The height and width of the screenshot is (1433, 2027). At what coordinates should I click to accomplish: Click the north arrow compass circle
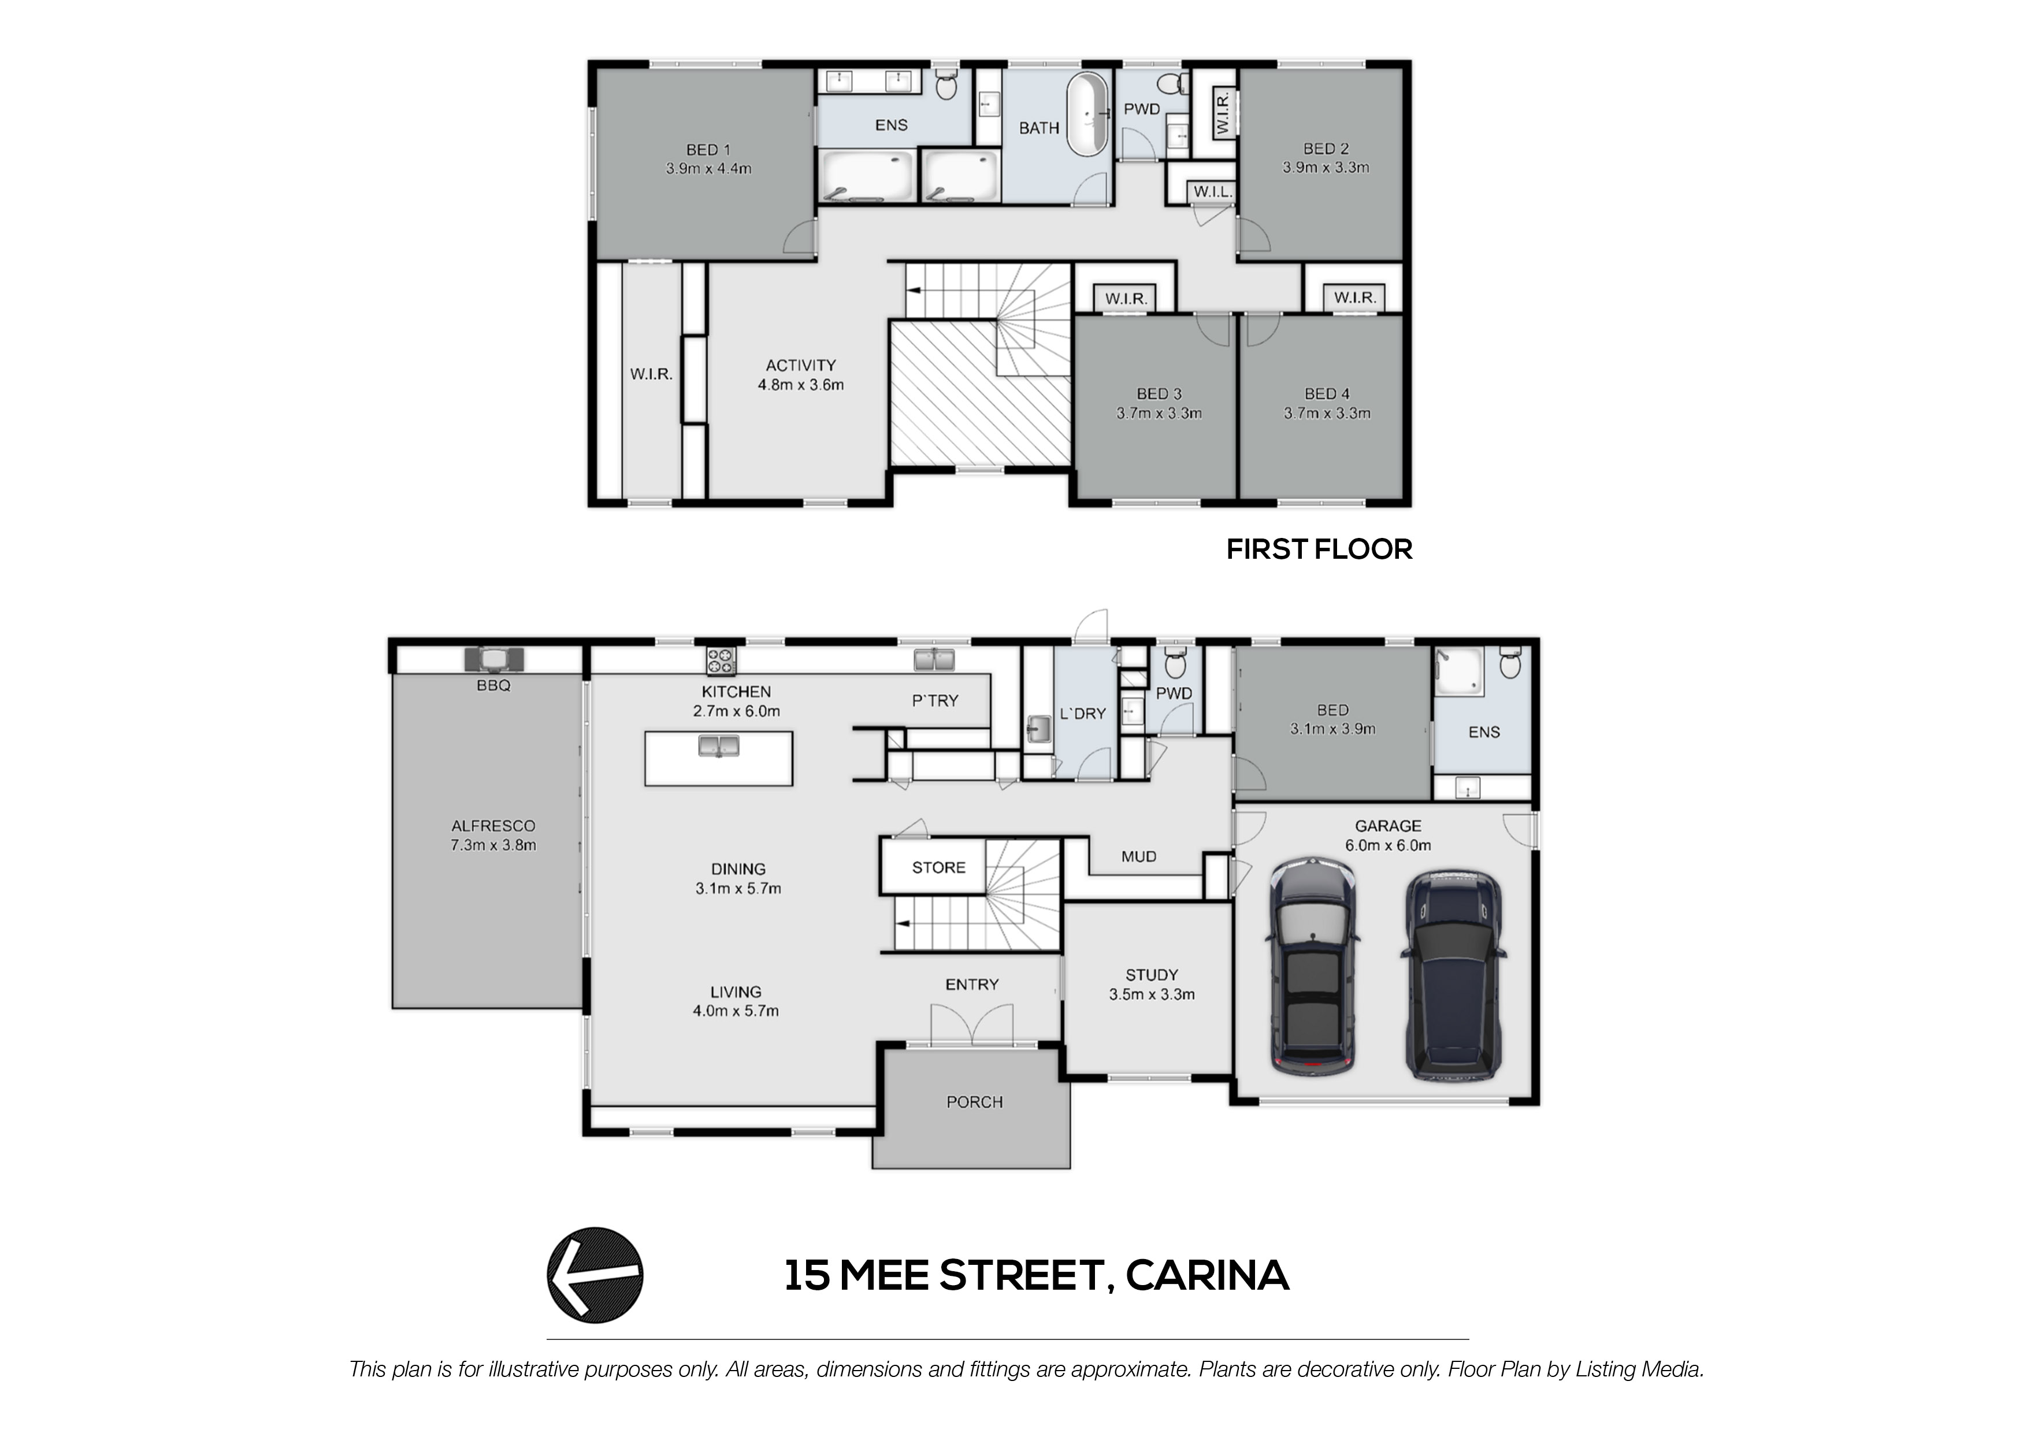point(595,1275)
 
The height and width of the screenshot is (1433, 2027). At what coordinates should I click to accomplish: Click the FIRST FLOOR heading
point(1319,549)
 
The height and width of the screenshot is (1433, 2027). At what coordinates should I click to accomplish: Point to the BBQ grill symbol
point(493,659)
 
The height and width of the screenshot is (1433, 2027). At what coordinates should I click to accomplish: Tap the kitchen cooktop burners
point(721,659)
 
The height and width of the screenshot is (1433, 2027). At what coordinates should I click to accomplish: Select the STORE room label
point(938,868)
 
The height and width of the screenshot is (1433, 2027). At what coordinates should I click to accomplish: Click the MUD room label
point(1139,856)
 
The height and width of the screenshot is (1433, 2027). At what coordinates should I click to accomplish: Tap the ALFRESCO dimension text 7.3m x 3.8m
point(493,845)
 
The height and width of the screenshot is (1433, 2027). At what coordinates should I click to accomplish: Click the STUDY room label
point(1151,975)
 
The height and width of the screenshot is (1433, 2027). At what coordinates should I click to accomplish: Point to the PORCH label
point(975,1102)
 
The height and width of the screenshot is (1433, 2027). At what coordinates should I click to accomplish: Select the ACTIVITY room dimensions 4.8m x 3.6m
point(801,385)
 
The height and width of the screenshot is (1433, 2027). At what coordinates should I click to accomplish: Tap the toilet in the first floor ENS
point(945,85)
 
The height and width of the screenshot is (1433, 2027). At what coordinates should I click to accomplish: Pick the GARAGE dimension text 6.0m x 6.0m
point(1388,845)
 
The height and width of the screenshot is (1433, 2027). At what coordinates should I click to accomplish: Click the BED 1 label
point(708,150)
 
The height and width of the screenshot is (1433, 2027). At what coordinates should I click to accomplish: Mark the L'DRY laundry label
point(1082,714)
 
